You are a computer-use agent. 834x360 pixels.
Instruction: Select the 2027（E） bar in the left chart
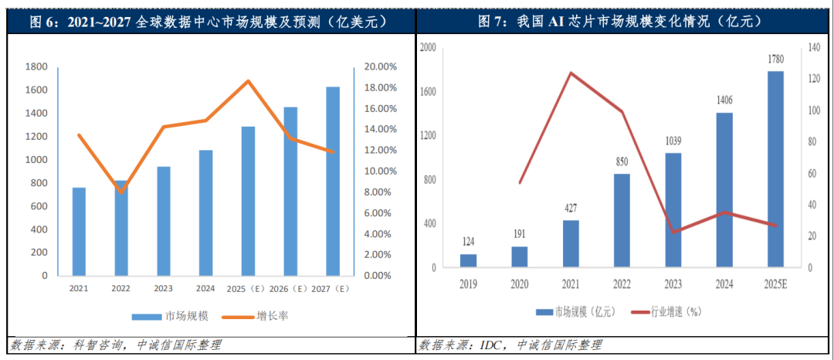332,181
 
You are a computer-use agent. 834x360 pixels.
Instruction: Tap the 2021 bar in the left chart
79,231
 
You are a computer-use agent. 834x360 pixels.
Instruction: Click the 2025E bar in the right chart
775,169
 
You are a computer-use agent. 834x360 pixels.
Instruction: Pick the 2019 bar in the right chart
468,260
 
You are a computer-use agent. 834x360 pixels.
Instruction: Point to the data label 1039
673,141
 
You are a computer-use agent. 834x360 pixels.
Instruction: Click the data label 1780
775,59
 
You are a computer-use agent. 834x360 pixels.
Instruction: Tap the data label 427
570,208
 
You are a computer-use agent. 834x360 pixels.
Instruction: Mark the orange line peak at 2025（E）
248,80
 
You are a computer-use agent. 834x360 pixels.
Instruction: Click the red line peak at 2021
571,73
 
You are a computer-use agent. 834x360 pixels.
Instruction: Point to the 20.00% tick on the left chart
380,66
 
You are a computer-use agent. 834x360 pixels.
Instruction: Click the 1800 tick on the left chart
36,66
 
